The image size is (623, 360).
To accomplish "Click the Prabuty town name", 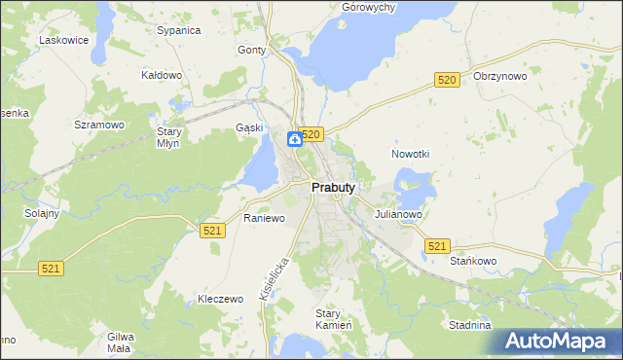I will tap(332, 187).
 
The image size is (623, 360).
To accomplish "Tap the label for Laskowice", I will tap(63, 40).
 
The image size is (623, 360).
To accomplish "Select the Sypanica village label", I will tap(178, 30).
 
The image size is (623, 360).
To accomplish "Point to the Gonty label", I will tap(251, 50).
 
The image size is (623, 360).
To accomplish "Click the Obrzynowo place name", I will tap(499, 76).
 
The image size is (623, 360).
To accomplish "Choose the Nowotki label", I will tap(410, 154).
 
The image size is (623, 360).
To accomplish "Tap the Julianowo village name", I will tap(396, 214).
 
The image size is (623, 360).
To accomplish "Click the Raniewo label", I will tap(264, 218).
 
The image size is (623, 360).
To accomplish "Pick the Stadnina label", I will tap(470, 325).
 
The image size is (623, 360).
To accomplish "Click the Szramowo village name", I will tap(99, 125).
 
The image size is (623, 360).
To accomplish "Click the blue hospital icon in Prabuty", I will tap(293, 140).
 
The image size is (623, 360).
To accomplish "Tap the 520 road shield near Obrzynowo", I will tap(447, 79).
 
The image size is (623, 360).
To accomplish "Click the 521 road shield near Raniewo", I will tap(213, 230).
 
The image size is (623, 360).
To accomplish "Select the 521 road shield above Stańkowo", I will tap(437, 247).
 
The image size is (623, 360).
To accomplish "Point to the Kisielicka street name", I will tap(275, 277).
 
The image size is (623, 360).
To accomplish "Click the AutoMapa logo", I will tap(558, 342).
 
